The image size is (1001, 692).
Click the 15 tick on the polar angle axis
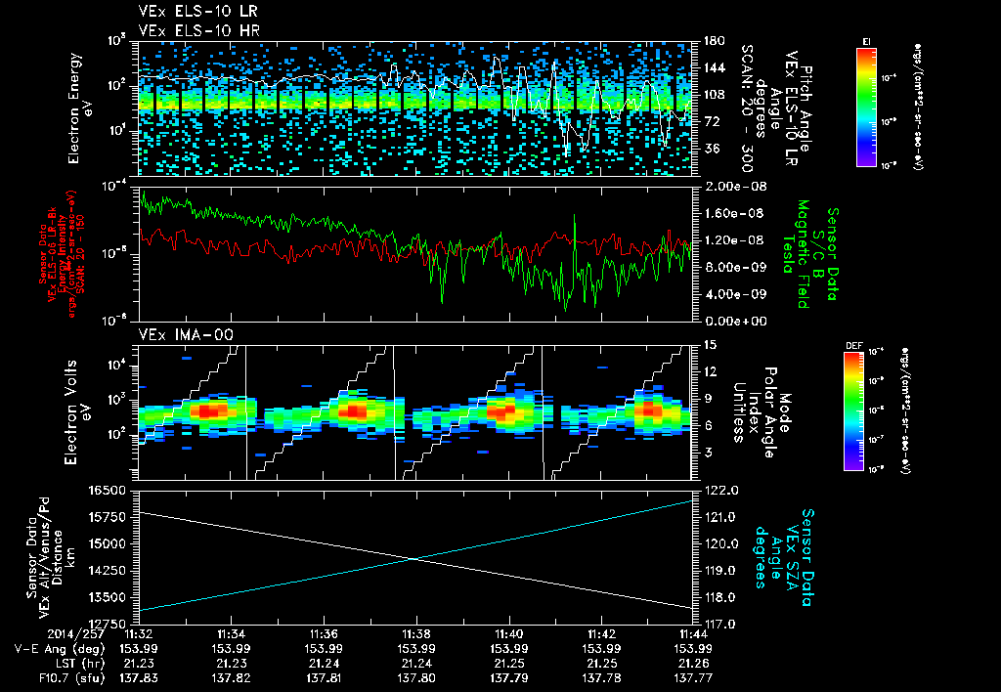click(708, 345)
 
